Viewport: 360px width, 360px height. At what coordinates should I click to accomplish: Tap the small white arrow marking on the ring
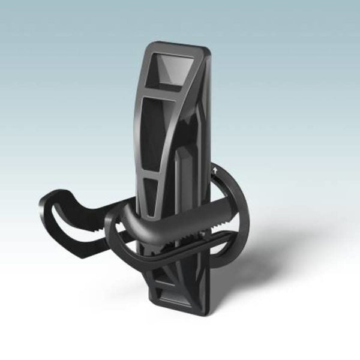214,172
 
